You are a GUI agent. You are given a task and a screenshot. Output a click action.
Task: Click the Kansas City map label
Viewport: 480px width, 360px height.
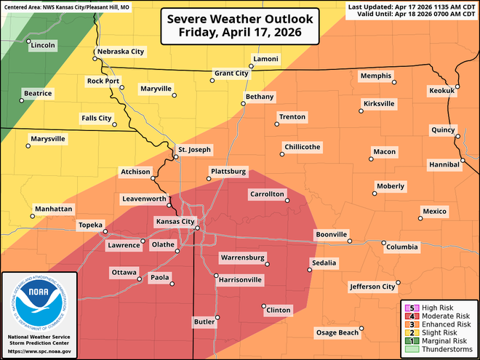point(174,221)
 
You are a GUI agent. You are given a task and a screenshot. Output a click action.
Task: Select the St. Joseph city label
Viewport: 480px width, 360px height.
point(194,150)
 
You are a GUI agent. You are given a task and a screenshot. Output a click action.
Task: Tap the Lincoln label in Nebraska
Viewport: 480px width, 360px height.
point(44,46)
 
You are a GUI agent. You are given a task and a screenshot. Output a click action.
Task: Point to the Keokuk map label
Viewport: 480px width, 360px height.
point(441,91)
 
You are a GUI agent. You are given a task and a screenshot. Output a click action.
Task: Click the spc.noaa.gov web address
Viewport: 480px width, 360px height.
point(39,351)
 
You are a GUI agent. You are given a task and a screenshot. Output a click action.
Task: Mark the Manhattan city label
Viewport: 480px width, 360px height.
point(53,209)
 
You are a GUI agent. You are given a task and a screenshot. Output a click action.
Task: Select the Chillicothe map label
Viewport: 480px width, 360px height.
point(302,147)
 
